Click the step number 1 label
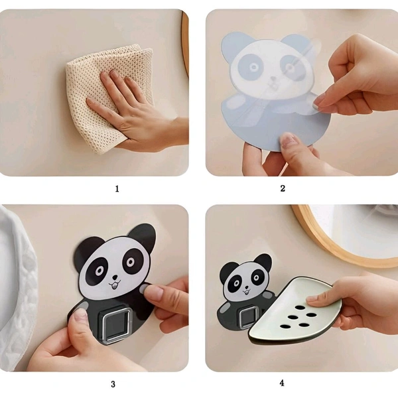point(117,189)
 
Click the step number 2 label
point(283,188)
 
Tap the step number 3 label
point(113,384)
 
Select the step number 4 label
point(282,383)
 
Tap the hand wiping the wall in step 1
point(135,114)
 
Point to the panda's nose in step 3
point(115,277)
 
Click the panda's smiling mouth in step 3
point(115,285)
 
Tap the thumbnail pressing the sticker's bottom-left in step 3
point(80,314)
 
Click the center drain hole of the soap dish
point(293,317)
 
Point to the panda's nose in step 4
point(246,288)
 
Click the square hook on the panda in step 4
point(248,317)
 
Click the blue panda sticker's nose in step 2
point(273,79)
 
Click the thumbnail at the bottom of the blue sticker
point(287,141)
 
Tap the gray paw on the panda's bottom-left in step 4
point(224,308)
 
